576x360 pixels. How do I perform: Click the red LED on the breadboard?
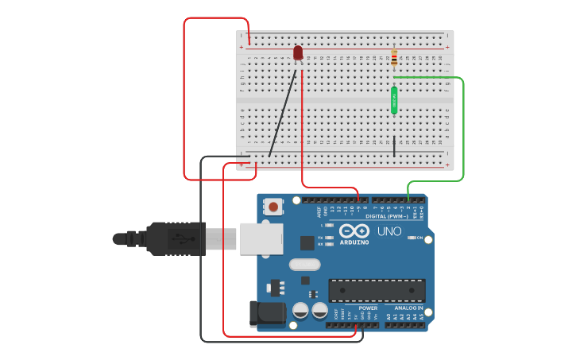(298, 52)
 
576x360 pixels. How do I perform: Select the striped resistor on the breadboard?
(394, 58)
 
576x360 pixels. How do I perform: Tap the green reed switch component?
(394, 100)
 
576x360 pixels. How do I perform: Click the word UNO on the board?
(389, 231)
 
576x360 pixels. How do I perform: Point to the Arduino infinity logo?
(354, 230)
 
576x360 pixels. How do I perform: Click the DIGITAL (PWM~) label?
(387, 216)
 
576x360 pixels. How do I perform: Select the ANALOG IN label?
(409, 308)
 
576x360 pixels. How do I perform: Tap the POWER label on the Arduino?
(368, 308)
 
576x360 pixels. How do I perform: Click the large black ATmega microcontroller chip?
(377, 290)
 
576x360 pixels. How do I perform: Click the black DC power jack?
(268, 314)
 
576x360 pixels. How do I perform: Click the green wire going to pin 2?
(462, 127)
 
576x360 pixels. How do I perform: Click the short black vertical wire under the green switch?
(394, 145)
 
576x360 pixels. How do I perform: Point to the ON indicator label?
(419, 238)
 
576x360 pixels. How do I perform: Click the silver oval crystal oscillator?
(304, 264)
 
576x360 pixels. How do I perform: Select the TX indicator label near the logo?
(319, 238)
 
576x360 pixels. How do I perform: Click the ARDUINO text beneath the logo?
(354, 242)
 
